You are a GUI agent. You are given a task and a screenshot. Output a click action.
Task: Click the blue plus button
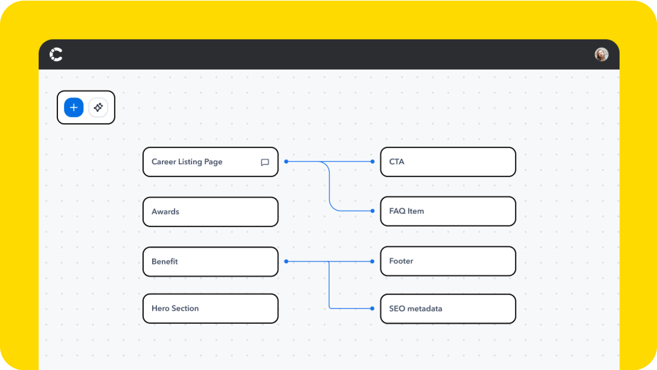[x=74, y=107]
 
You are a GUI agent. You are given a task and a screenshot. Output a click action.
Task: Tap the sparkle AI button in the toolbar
[x=98, y=107]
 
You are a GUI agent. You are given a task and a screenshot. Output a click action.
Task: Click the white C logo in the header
[x=56, y=54]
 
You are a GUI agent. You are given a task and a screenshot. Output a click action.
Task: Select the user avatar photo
[x=601, y=54]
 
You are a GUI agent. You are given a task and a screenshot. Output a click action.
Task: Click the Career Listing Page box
[x=210, y=162]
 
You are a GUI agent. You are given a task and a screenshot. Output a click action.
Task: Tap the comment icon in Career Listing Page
[x=265, y=162]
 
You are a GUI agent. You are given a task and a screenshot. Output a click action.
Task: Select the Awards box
[x=210, y=212]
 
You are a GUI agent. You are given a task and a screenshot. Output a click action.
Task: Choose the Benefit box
[x=210, y=262]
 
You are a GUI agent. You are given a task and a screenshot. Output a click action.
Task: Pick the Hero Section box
[x=210, y=308]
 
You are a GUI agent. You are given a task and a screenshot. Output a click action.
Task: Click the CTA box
[x=448, y=162]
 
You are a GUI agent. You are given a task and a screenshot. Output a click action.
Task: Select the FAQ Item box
[x=448, y=211]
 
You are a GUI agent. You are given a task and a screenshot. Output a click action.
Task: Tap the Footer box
[x=448, y=261]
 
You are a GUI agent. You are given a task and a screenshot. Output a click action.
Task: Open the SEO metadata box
[x=448, y=309]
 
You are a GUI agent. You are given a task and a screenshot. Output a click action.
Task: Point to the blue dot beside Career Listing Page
[x=286, y=161]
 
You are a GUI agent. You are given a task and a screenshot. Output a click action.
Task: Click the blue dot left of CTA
[x=372, y=161]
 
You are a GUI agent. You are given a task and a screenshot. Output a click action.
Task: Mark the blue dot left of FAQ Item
[x=372, y=211]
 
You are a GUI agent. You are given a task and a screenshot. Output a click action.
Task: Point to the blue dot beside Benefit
[x=286, y=261]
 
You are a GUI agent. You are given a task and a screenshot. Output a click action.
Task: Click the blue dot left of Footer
[x=372, y=261]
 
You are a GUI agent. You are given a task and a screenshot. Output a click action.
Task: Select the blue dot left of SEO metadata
[x=372, y=308]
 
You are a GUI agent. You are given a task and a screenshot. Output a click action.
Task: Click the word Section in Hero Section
[x=185, y=308]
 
